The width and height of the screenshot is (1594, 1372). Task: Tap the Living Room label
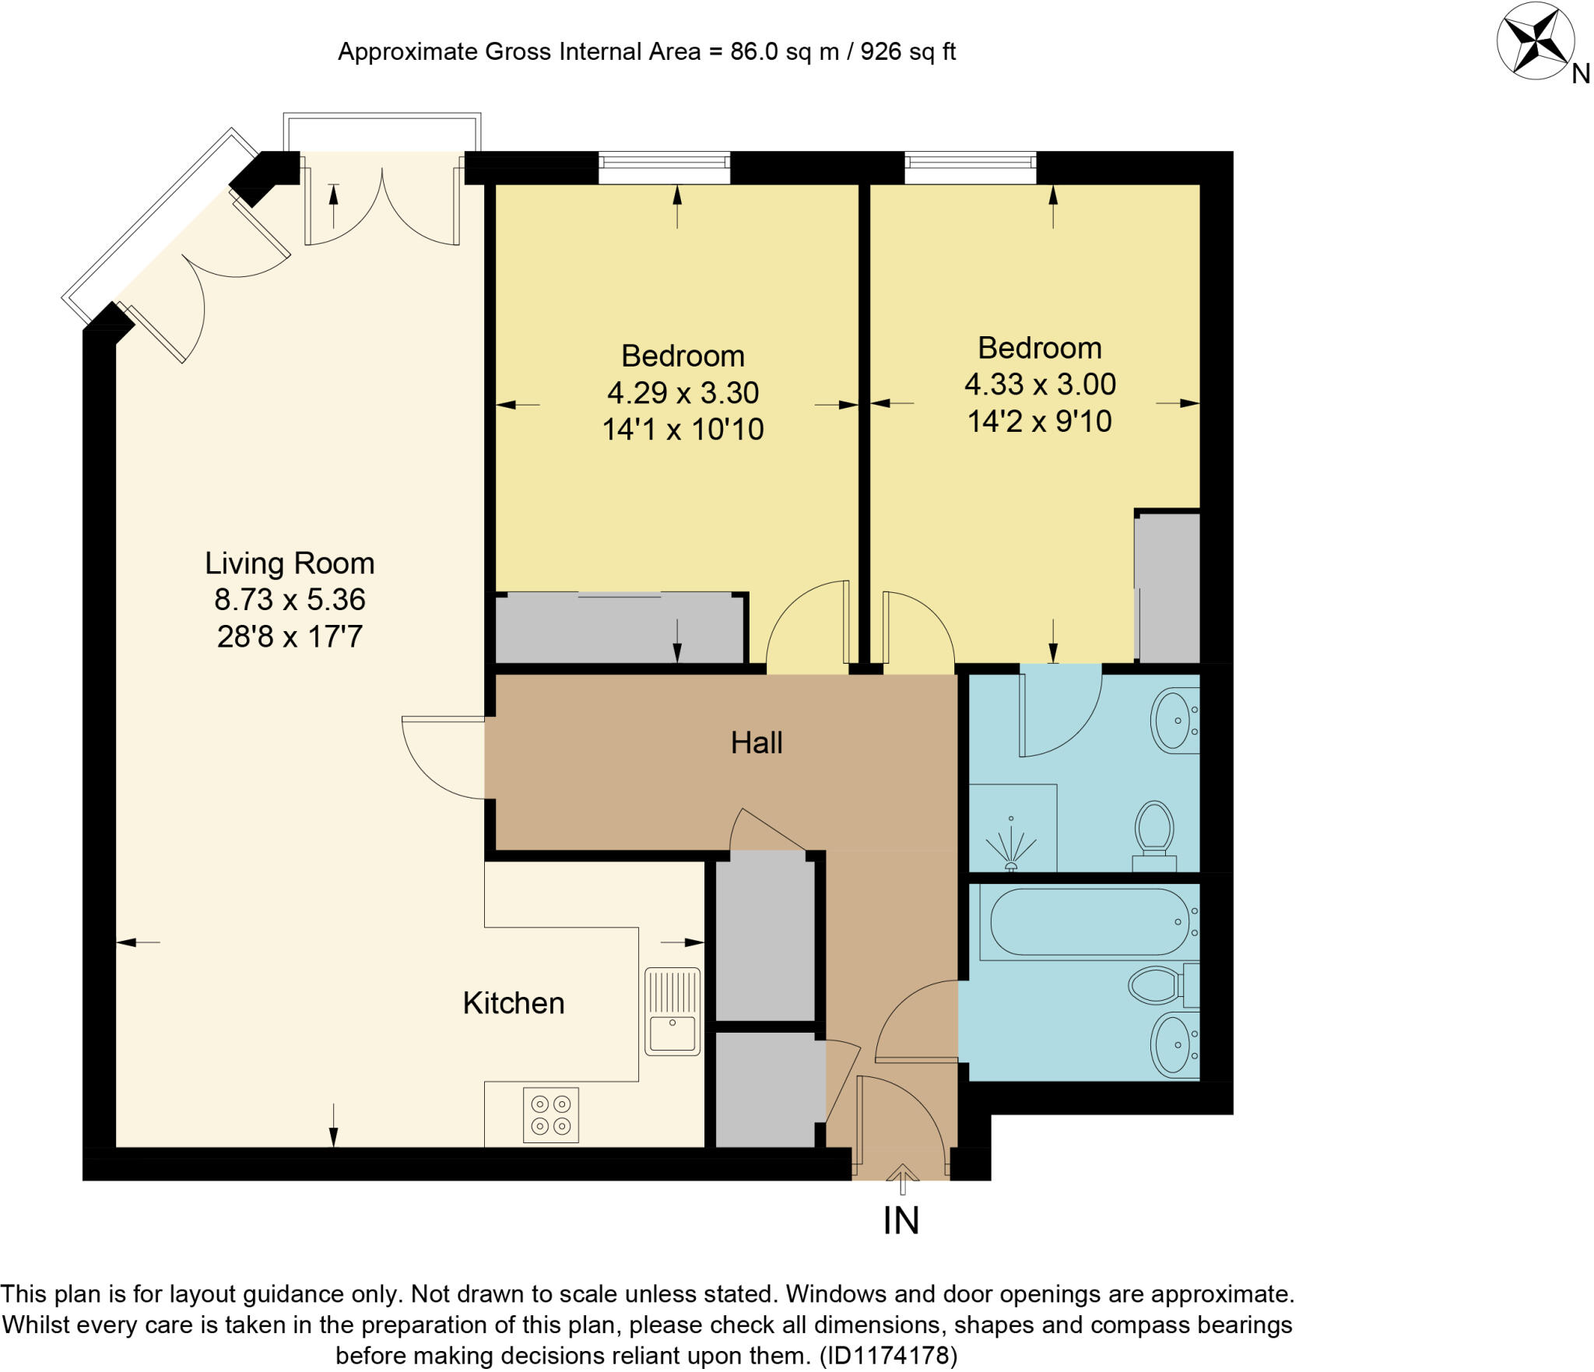point(290,563)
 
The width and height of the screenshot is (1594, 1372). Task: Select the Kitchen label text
point(513,1003)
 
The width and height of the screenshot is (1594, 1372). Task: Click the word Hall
point(756,742)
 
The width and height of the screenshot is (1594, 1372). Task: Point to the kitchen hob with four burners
point(550,1114)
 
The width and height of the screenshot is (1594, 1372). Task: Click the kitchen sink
point(672,1011)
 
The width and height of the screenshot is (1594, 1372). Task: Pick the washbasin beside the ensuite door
point(1174,721)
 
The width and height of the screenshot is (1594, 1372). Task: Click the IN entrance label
point(901,1221)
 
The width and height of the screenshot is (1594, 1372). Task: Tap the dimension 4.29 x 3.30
point(683,392)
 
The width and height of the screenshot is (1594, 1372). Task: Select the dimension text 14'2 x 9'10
point(1039,421)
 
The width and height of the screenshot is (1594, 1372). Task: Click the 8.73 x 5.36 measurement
point(290,599)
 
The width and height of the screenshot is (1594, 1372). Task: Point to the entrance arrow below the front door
point(902,1177)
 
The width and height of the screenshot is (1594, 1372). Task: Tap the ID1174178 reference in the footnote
point(888,1356)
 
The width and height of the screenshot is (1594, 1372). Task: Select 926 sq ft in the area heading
point(908,51)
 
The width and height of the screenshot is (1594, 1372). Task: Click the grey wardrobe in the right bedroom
point(1167,587)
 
